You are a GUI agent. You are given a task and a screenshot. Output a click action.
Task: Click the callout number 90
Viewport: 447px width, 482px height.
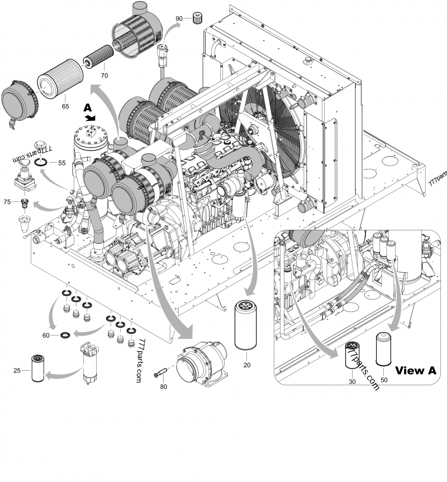pos(179,18)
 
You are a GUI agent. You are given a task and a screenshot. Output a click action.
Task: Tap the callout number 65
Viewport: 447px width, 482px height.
pos(65,105)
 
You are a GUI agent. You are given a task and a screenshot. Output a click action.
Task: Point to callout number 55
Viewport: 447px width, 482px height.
pos(61,163)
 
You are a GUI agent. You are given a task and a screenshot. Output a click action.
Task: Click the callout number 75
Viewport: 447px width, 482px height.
pos(7,201)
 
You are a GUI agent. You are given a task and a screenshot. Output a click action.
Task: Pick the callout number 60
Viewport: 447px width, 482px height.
pos(46,335)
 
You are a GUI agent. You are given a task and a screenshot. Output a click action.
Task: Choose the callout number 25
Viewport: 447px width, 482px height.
pos(18,370)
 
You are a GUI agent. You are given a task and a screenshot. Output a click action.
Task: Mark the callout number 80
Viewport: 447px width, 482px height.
pos(164,386)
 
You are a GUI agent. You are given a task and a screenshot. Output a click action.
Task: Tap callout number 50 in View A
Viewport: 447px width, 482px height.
pos(383,380)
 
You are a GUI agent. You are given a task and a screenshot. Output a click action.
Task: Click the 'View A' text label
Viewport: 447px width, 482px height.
pos(415,370)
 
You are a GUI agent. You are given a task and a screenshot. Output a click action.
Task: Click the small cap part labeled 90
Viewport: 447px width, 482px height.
pos(196,18)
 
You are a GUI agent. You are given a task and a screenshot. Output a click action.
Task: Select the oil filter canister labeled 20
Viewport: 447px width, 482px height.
pos(246,326)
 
